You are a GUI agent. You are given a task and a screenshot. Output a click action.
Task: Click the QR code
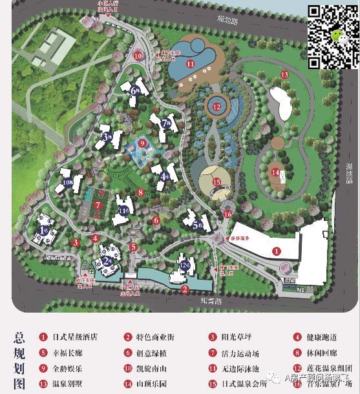click(x=332, y=36)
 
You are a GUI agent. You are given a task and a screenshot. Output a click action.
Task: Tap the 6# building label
click(x=135, y=90)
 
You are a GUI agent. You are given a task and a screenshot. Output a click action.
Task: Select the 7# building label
click(x=166, y=123)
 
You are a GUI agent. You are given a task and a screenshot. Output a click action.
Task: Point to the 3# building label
click(x=107, y=136)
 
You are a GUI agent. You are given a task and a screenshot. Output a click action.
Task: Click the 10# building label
click(x=68, y=183)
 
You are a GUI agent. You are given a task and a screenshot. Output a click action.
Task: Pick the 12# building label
click(x=185, y=265)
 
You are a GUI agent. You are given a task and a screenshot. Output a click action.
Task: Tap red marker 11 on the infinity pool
click(x=190, y=64)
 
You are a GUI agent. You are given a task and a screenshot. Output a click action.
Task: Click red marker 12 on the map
click(x=217, y=107)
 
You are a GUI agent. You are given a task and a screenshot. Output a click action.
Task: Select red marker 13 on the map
click(x=284, y=75)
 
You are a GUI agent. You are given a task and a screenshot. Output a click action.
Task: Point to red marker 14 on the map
click(x=275, y=172)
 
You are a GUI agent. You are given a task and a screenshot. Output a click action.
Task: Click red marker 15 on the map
click(x=217, y=182)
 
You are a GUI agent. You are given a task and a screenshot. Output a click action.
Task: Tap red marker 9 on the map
click(x=143, y=143)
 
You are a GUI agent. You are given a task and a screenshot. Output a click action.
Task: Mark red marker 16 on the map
click(x=228, y=214)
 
